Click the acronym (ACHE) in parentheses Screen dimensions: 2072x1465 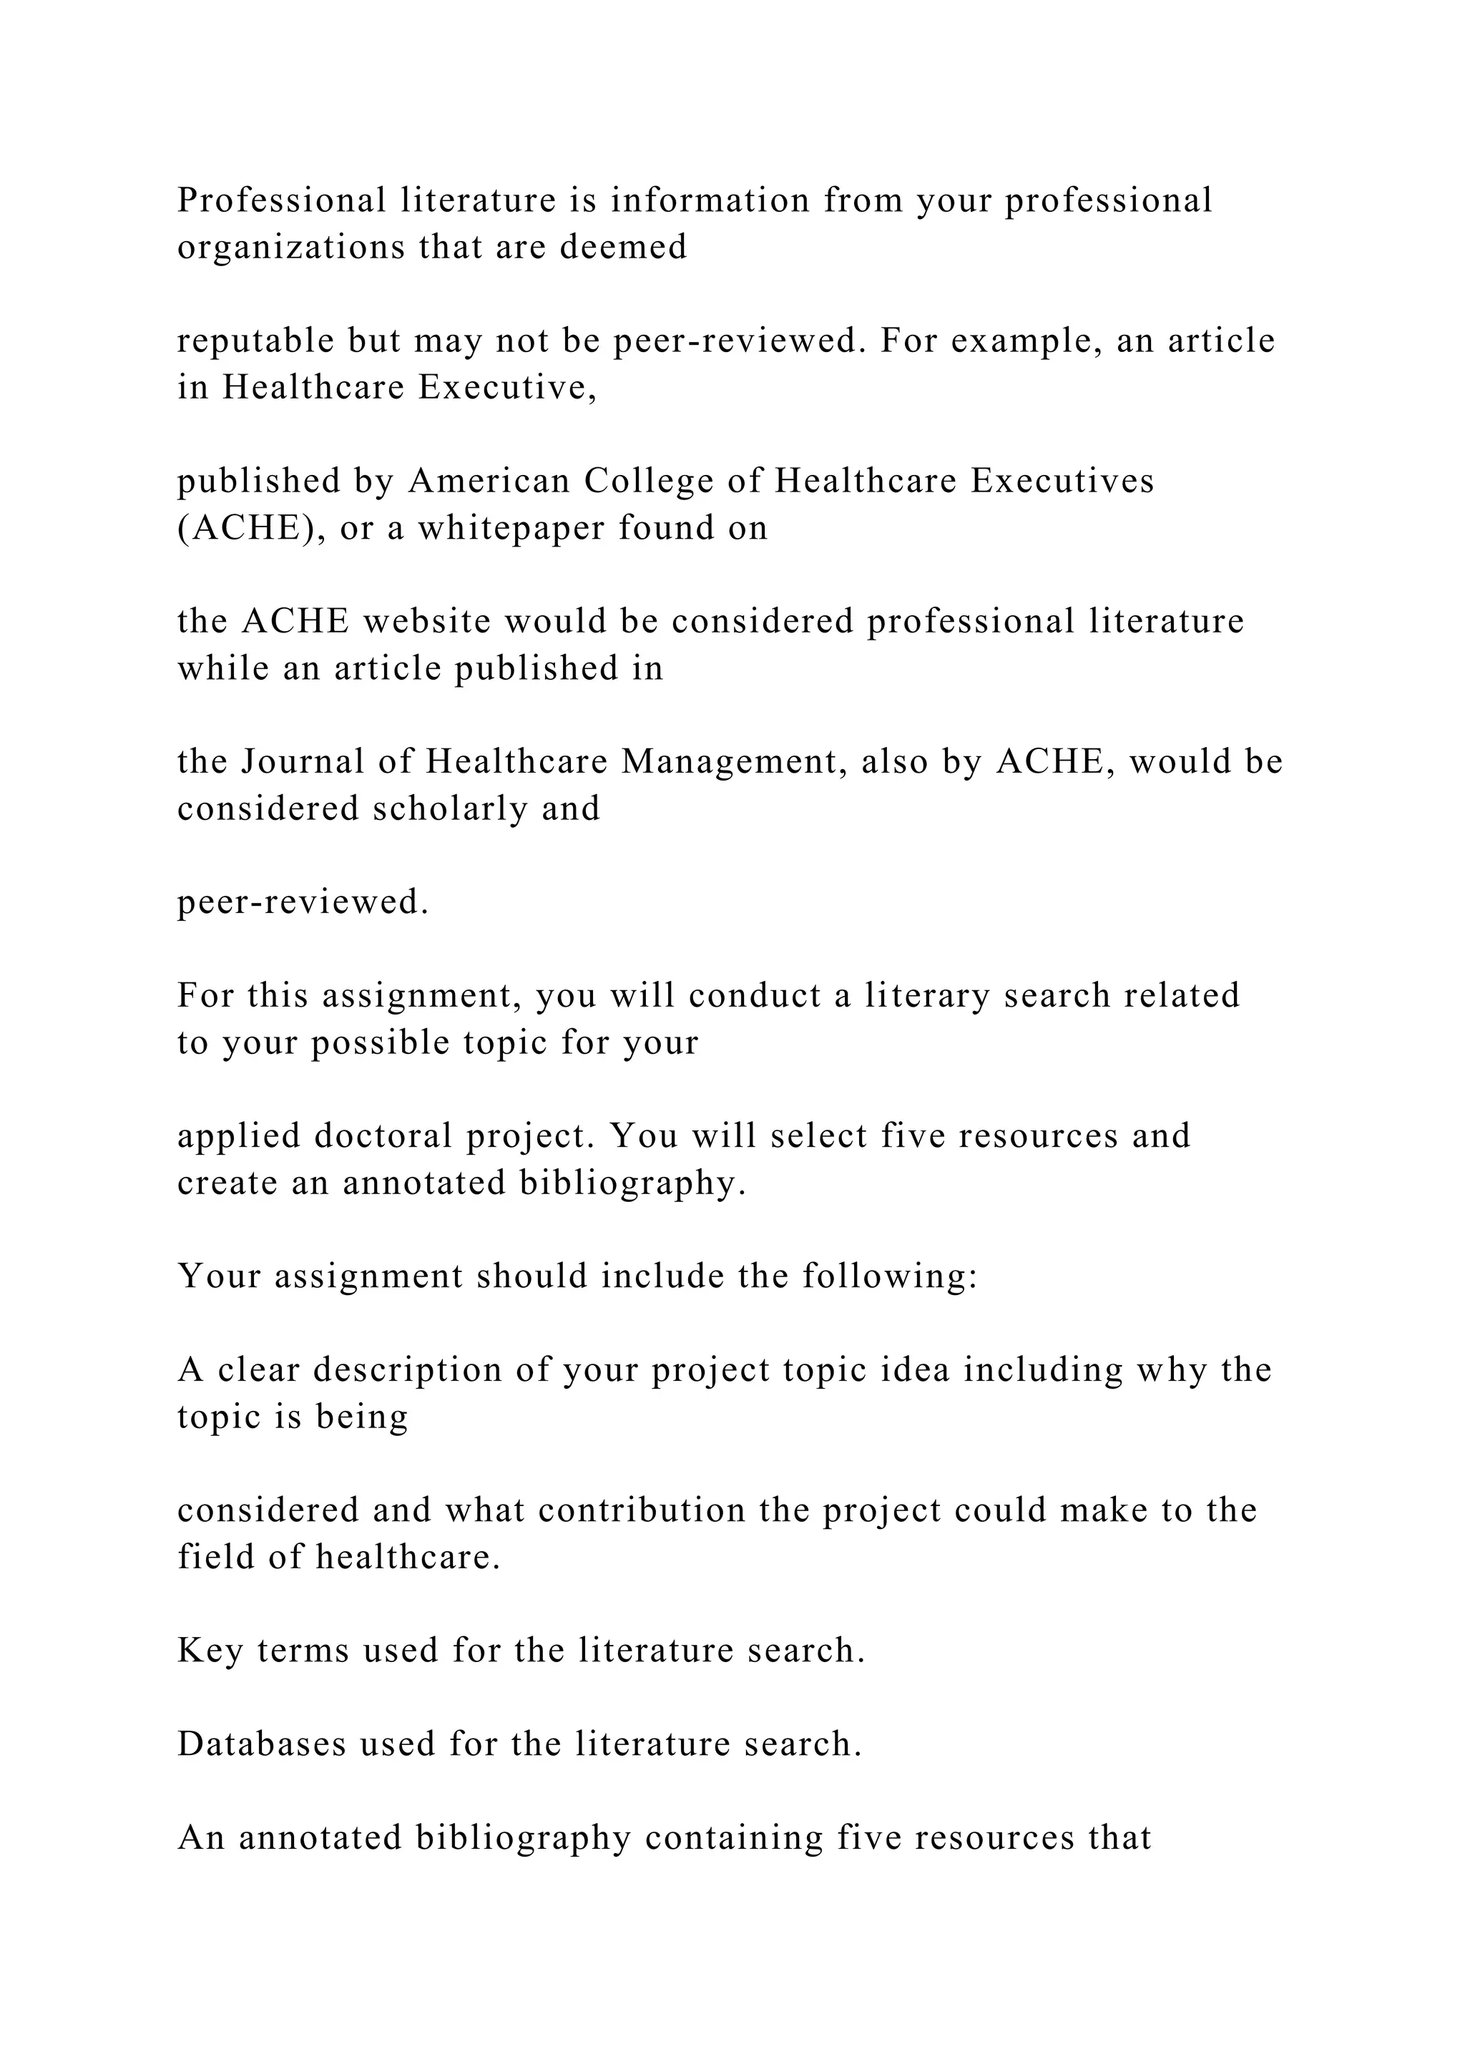pos(252,528)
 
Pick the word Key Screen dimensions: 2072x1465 pos(210,1651)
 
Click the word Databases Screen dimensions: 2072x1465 pos(262,1744)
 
